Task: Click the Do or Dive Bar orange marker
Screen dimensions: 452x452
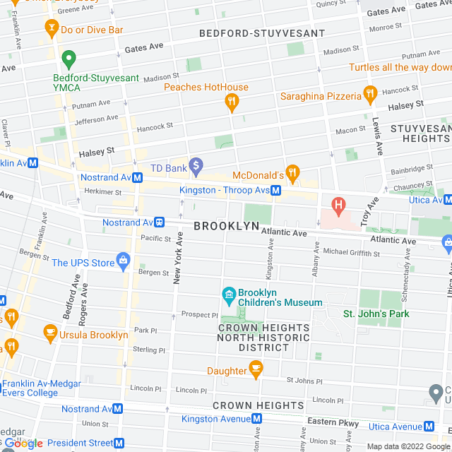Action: click(x=51, y=29)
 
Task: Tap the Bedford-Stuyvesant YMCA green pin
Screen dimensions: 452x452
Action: click(x=69, y=59)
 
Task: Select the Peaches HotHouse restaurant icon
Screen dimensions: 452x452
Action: click(x=230, y=103)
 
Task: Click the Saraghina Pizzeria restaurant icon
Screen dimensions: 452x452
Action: click(x=369, y=95)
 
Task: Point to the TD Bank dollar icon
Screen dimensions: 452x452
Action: click(x=197, y=167)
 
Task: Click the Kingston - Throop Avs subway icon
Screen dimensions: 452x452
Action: click(x=277, y=190)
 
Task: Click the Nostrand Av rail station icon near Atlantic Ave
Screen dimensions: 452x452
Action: click(x=160, y=222)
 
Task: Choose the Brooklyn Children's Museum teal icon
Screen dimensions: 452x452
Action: click(x=228, y=294)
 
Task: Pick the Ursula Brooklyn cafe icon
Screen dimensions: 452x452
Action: click(x=50, y=331)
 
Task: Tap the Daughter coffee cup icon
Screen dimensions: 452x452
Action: click(x=256, y=369)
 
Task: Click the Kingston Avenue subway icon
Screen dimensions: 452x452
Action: click(x=258, y=418)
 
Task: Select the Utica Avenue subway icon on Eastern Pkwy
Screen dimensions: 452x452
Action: click(x=428, y=426)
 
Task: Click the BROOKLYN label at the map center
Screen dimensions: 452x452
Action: click(x=226, y=226)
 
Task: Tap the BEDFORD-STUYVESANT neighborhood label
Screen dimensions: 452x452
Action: click(x=262, y=33)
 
